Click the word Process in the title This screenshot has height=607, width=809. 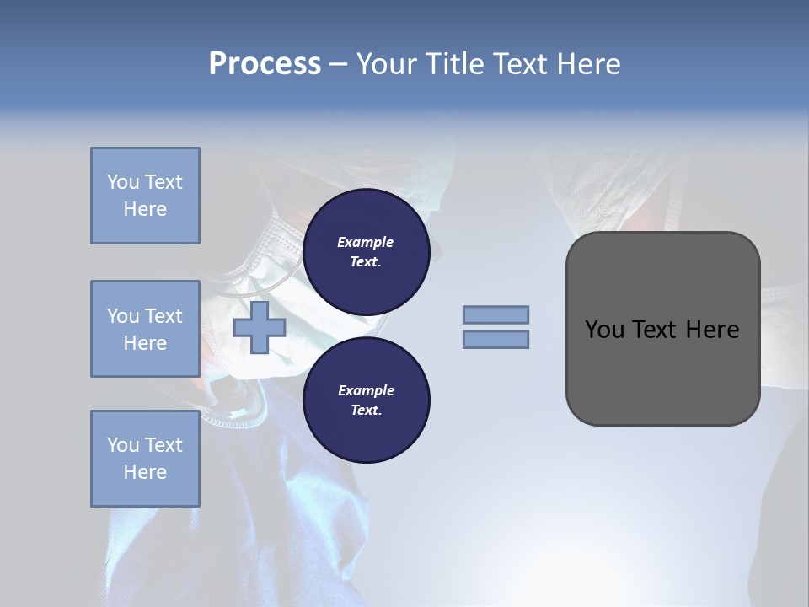coord(265,64)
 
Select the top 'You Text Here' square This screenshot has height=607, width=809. coord(145,196)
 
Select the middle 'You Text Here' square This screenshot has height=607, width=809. coord(145,329)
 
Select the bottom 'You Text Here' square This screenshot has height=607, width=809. coord(145,459)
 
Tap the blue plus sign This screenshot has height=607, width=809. coord(260,328)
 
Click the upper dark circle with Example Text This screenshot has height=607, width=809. coord(366,252)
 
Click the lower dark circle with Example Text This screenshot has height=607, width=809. coord(366,400)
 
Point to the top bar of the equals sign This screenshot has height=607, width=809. coord(496,314)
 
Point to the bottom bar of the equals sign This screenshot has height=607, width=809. coord(496,340)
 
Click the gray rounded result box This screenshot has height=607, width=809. coord(662,371)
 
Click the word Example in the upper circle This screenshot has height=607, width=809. coord(366,242)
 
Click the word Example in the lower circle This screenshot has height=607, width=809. coord(366,390)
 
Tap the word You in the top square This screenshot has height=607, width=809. coord(121,182)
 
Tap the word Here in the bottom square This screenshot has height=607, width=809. coord(145,472)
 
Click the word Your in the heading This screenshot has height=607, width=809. coord(387,64)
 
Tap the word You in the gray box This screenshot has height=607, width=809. coord(604,330)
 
